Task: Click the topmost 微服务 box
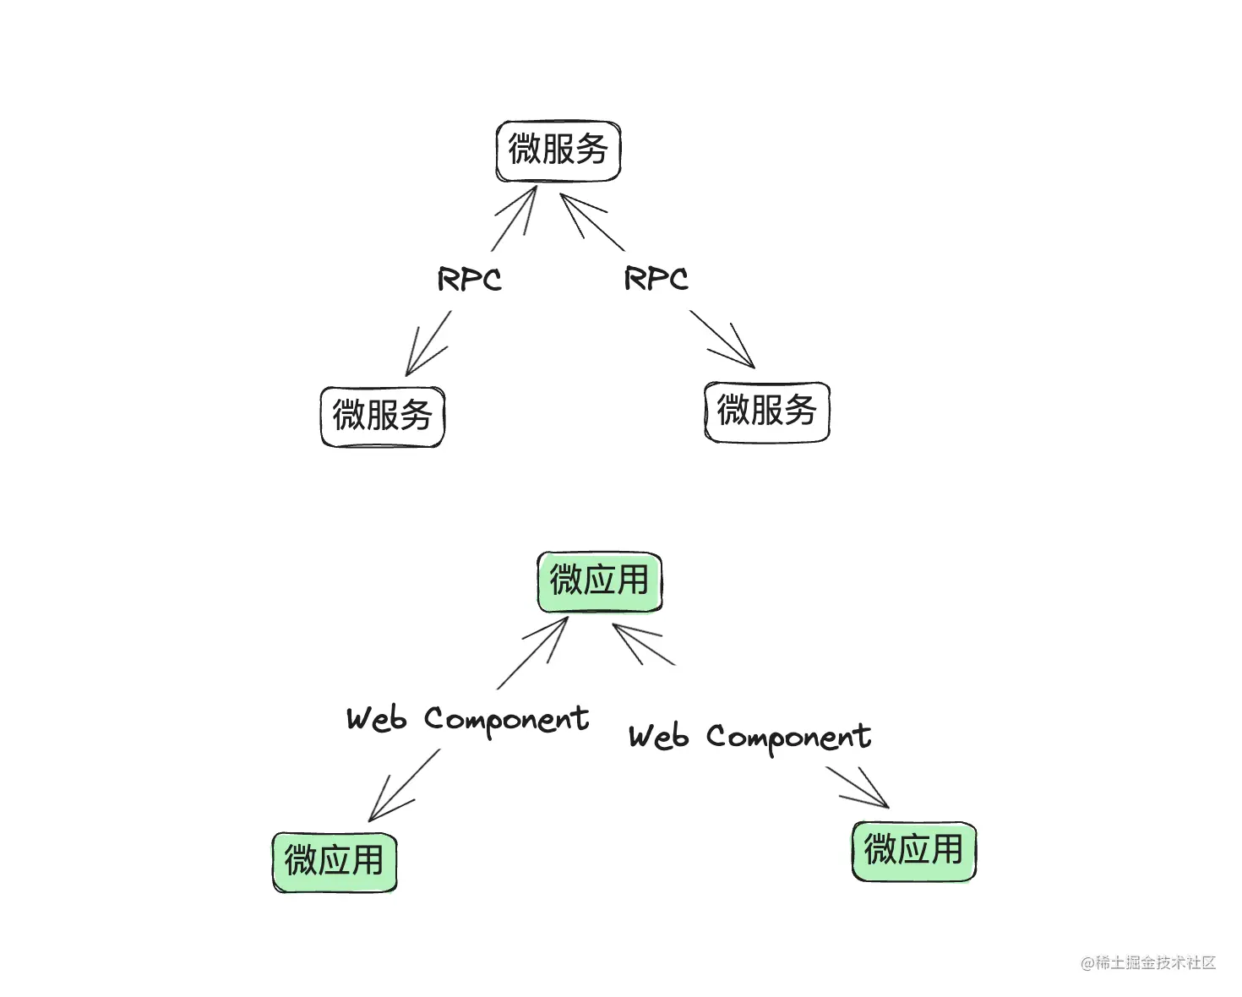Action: point(558,150)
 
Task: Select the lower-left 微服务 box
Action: point(382,416)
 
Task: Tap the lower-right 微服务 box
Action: point(766,411)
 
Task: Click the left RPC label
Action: point(469,279)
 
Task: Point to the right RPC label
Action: point(656,278)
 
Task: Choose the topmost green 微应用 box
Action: point(599,581)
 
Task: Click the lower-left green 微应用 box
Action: point(334,861)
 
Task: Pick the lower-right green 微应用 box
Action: point(913,850)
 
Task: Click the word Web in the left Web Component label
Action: point(376,719)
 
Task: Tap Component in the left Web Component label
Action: point(506,720)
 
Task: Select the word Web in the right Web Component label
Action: point(658,737)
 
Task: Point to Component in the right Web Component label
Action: point(788,738)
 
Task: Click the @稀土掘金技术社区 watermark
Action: point(1147,962)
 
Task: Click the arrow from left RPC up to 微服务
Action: point(515,217)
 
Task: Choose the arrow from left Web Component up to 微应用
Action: point(534,651)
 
